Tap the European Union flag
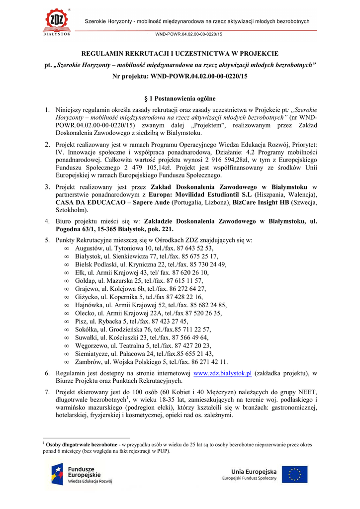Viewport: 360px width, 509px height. (x=295, y=475)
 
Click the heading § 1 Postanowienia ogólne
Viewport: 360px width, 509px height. (x=180, y=98)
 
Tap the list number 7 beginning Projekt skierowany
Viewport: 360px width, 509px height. (x=47, y=391)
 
